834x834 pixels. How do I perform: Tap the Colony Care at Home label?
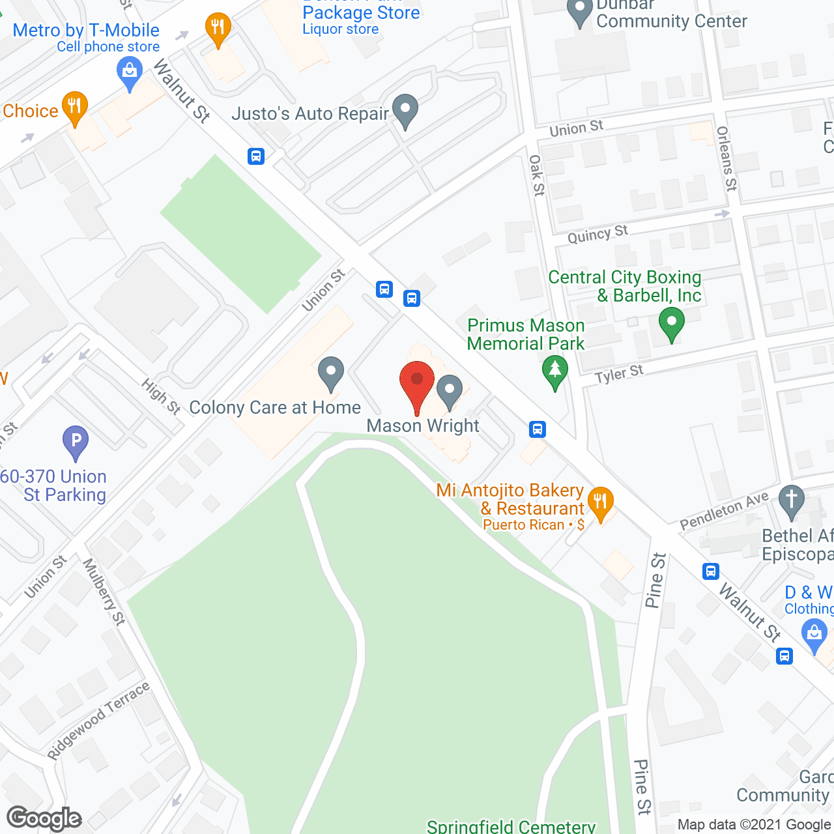[275, 408]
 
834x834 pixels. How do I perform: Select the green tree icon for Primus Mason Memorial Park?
[554, 372]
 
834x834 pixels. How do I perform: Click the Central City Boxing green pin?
[671, 323]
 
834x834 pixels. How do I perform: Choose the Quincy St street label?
[597, 234]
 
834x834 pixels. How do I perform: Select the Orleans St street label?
[726, 158]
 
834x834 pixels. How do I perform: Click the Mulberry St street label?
[104, 592]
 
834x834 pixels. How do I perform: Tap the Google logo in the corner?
[44, 818]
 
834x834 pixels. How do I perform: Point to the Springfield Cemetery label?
[511, 826]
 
